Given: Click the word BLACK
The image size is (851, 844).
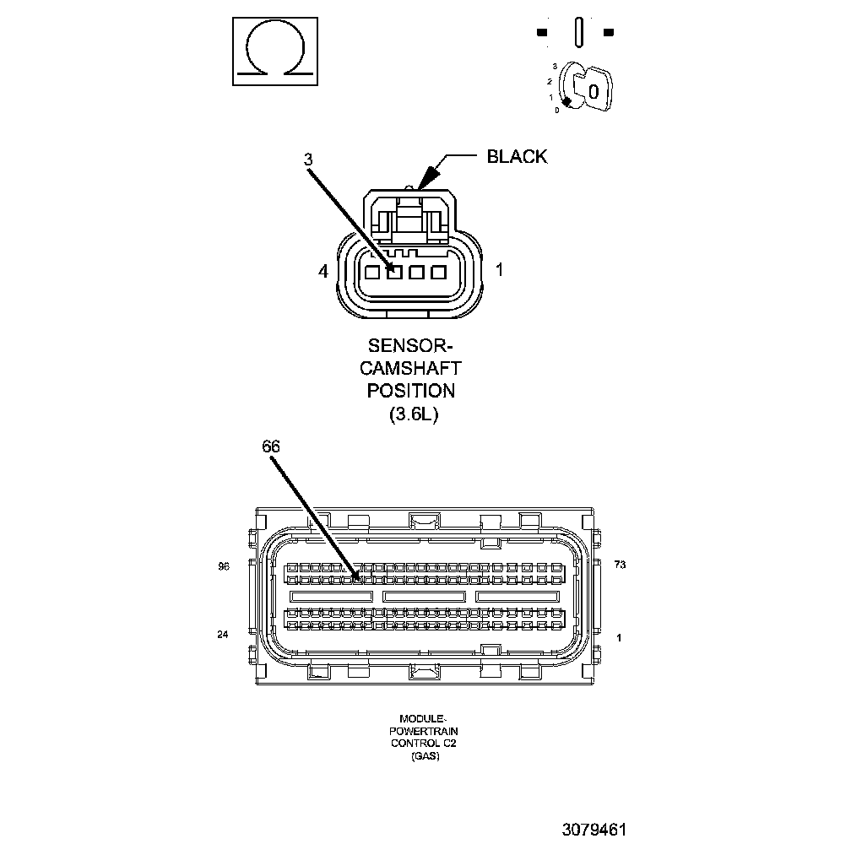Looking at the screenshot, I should click(517, 156).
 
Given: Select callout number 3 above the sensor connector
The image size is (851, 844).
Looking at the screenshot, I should click(309, 160).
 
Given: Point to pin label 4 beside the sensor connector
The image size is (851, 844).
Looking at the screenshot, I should click(323, 271).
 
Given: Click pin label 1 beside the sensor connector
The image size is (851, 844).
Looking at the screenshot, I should click(500, 270).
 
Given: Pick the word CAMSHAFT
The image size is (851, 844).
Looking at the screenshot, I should click(410, 368).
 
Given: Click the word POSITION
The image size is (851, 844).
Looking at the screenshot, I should click(410, 391).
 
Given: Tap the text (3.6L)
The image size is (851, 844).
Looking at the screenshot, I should click(410, 414).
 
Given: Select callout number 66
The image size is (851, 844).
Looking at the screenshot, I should click(270, 447).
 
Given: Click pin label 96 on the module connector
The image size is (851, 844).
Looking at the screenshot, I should click(224, 566).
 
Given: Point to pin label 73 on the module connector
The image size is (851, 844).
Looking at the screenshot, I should click(620, 565).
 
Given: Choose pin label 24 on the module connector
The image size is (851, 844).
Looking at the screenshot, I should click(223, 634).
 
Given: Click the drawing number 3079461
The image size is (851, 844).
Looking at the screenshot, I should click(594, 829).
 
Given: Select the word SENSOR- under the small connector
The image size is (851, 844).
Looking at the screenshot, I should click(410, 345).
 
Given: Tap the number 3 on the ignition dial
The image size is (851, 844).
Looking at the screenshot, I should click(555, 66).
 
